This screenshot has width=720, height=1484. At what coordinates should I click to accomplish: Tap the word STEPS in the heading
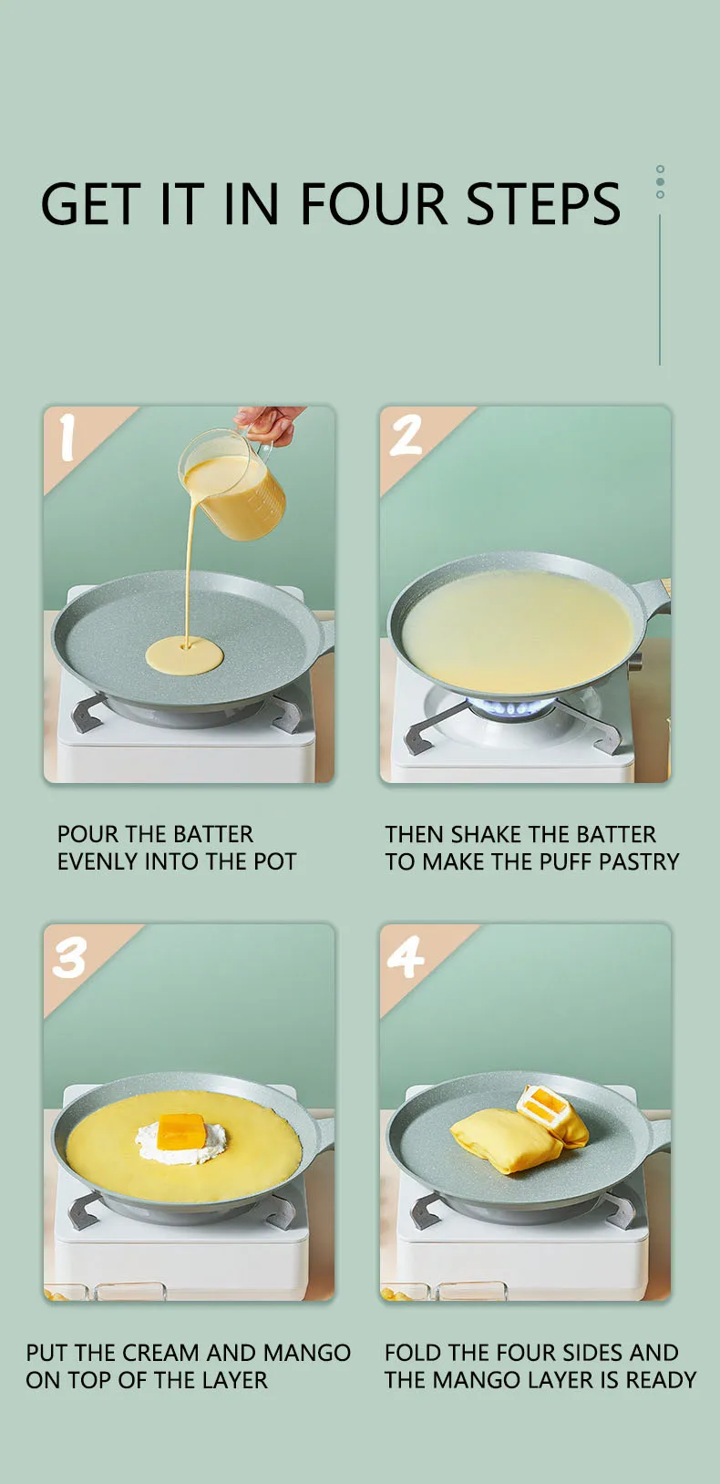point(543,202)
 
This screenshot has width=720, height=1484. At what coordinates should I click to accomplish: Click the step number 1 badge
point(67,438)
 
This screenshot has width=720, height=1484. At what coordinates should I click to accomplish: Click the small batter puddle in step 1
point(185,655)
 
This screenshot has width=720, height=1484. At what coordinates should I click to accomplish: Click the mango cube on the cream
point(180,1131)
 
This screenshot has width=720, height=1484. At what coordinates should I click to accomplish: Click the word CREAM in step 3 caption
point(160,1352)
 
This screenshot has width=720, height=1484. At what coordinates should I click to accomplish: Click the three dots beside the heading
point(660,181)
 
